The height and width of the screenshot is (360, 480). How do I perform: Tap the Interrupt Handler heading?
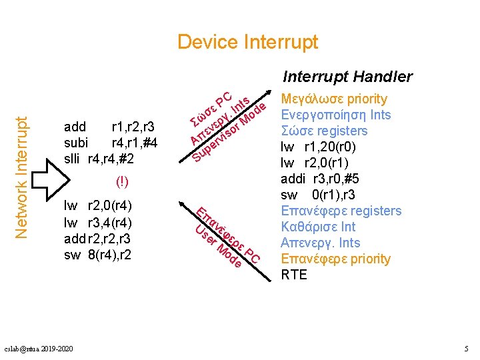[347, 77]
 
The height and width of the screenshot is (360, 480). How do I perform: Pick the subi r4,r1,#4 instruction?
[110, 143]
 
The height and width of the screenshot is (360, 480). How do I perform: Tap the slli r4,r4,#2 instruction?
[98, 159]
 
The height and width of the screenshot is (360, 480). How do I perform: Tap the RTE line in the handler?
[295, 274]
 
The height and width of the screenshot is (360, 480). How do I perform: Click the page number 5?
[466, 349]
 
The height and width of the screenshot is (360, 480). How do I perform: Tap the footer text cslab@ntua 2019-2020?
[39, 349]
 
